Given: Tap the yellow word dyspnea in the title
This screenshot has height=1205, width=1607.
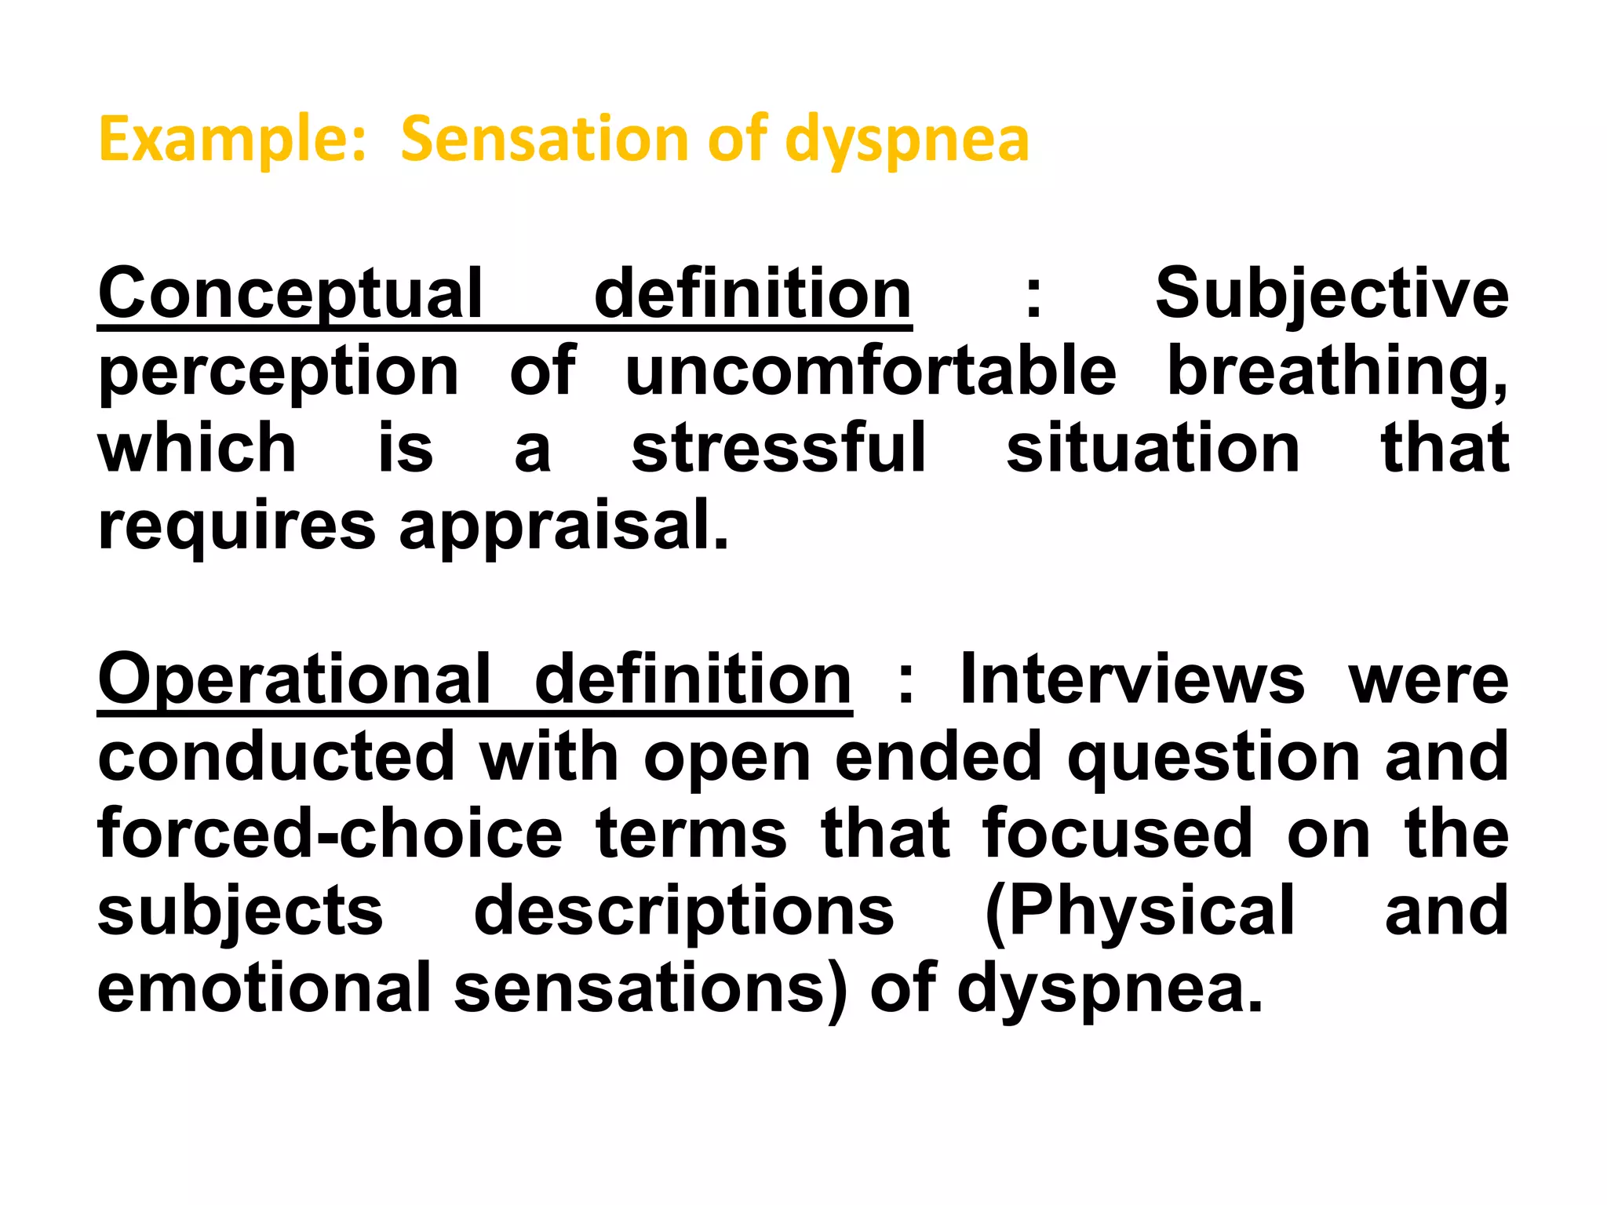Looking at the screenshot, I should point(907,140).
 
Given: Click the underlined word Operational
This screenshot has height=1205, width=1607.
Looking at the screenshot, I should point(293,679).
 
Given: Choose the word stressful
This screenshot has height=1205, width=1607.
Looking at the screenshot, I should point(778,448).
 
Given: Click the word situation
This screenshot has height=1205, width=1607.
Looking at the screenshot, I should point(1153,448).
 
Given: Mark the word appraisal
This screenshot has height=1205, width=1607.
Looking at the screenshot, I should point(563,526).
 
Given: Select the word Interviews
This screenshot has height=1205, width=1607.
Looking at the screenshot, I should point(1132,679).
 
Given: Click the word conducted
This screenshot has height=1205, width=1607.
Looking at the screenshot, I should point(276,757).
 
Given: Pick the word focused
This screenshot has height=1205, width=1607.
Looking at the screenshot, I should point(1117,834).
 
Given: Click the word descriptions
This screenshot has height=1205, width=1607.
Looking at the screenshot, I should point(683,911).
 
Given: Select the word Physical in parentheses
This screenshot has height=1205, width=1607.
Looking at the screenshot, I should point(1139,911).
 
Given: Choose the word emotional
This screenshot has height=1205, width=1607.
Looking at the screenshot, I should point(264,988).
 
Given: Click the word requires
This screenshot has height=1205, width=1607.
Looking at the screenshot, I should point(237,526).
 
